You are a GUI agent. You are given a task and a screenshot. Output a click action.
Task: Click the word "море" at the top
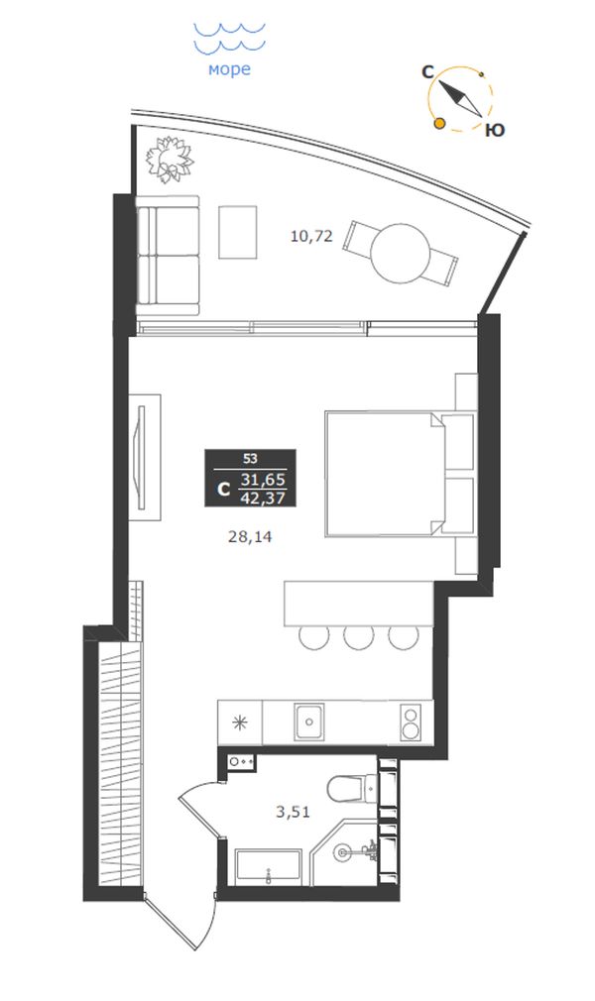[x=229, y=69]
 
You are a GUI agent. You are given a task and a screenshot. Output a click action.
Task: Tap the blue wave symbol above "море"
[x=229, y=39]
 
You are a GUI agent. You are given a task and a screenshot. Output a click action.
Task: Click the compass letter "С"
[x=428, y=72]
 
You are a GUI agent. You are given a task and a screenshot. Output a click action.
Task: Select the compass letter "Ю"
[x=495, y=130]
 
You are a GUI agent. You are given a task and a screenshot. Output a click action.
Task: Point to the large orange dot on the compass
[x=439, y=123]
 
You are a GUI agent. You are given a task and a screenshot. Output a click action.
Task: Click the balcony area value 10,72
[x=312, y=236]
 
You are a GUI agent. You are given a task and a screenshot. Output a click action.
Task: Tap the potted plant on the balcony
[x=170, y=158]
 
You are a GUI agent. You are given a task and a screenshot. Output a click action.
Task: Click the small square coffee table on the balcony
[x=238, y=232]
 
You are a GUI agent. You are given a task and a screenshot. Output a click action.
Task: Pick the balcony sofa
[x=168, y=256]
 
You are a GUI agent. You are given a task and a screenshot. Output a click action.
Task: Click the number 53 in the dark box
[x=250, y=458]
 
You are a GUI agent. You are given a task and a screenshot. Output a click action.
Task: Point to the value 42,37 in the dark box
[x=263, y=498]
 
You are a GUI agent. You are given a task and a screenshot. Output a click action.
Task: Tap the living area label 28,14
[x=250, y=537]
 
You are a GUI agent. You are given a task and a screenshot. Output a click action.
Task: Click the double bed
[x=385, y=473]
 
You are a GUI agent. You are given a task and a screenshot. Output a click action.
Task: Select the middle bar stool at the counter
[x=359, y=636]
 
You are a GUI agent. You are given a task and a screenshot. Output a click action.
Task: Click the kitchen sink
[x=308, y=723]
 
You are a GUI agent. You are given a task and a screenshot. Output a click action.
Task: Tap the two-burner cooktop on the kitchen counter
[x=410, y=723]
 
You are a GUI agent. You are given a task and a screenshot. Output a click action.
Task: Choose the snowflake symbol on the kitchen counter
[x=240, y=723]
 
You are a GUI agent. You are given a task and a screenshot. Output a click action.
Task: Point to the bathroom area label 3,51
[x=293, y=812]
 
